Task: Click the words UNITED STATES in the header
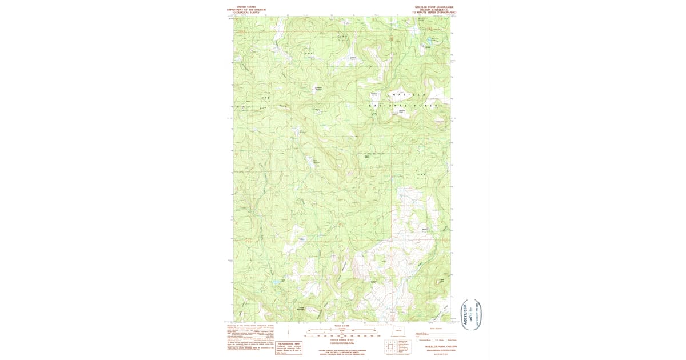point(246,7)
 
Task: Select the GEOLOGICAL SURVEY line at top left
point(246,12)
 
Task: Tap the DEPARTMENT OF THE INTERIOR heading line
point(246,10)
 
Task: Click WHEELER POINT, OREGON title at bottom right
point(441,346)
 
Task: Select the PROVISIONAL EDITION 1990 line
point(441,350)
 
